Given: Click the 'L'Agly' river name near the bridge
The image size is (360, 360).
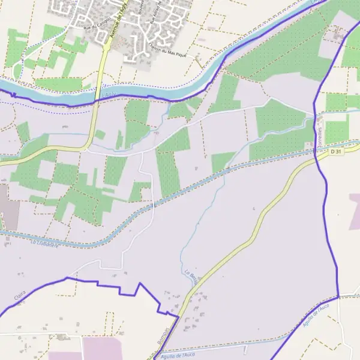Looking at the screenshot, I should point(108,94).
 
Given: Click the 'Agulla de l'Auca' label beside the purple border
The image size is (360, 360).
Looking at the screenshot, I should point(316,314).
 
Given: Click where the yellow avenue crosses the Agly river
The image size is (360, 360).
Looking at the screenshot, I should point(96,97).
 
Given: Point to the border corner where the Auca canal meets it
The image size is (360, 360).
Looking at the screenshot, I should point(338,296).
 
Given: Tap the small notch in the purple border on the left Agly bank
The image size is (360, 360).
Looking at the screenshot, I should point(13,94).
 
